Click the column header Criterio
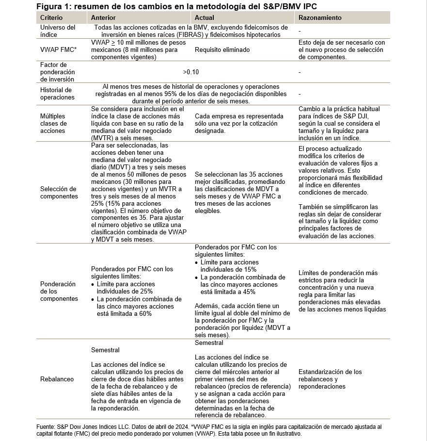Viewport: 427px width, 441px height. pos(51,17)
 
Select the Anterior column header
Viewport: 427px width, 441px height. pos(103,17)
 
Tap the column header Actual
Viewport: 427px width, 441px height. pos(204,17)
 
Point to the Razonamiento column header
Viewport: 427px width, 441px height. pos(320,17)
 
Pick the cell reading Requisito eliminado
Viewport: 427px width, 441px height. pos(222,49)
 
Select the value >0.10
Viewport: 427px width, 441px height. pos(191,72)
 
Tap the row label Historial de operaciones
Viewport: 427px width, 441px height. pos(57,94)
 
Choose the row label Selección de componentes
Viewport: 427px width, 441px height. pos(59,193)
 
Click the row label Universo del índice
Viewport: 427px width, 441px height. pos(58,31)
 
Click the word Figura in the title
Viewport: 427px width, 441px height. pos(50,6)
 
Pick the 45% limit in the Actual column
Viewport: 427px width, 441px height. pos(249,292)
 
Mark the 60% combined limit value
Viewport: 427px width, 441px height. pos(145,314)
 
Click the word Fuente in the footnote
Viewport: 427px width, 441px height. pos(47,426)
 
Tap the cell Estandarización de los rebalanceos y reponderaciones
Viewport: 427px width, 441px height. pos(330,379)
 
